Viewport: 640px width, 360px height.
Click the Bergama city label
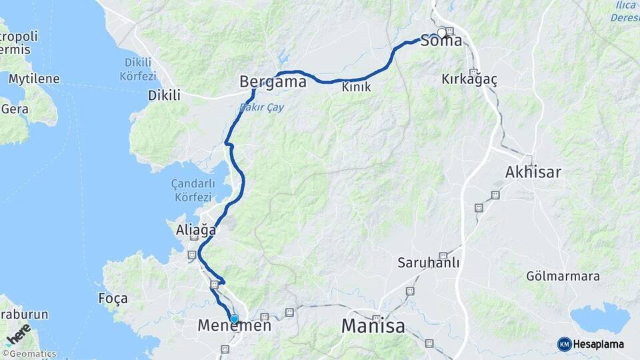pyautogui.click(x=273, y=82)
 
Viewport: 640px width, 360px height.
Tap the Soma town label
pyautogui.click(x=441, y=41)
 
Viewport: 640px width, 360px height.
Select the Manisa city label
pyautogui.click(x=373, y=326)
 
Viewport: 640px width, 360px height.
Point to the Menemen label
pyautogui.click(x=235, y=326)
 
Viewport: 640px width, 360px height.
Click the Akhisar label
pyautogui.click(x=533, y=172)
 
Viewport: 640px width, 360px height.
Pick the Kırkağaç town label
pyautogui.click(x=469, y=79)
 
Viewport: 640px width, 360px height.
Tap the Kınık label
pyautogui.click(x=356, y=87)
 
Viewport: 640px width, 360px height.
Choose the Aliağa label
pyautogui.click(x=196, y=230)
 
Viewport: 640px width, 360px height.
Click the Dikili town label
pyautogui.click(x=164, y=95)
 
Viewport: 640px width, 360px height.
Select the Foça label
pyautogui.click(x=113, y=298)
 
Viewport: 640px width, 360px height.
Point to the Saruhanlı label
pyautogui.click(x=429, y=262)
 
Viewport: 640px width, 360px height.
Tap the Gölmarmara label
pyautogui.click(x=563, y=276)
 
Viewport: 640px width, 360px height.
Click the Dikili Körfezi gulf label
pyautogui.click(x=138, y=69)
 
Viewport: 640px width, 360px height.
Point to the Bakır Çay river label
pyautogui.click(x=261, y=106)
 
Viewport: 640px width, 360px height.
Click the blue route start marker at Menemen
pyautogui.click(x=234, y=319)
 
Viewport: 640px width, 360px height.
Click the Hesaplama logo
pyautogui.click(x=591, y=344)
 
